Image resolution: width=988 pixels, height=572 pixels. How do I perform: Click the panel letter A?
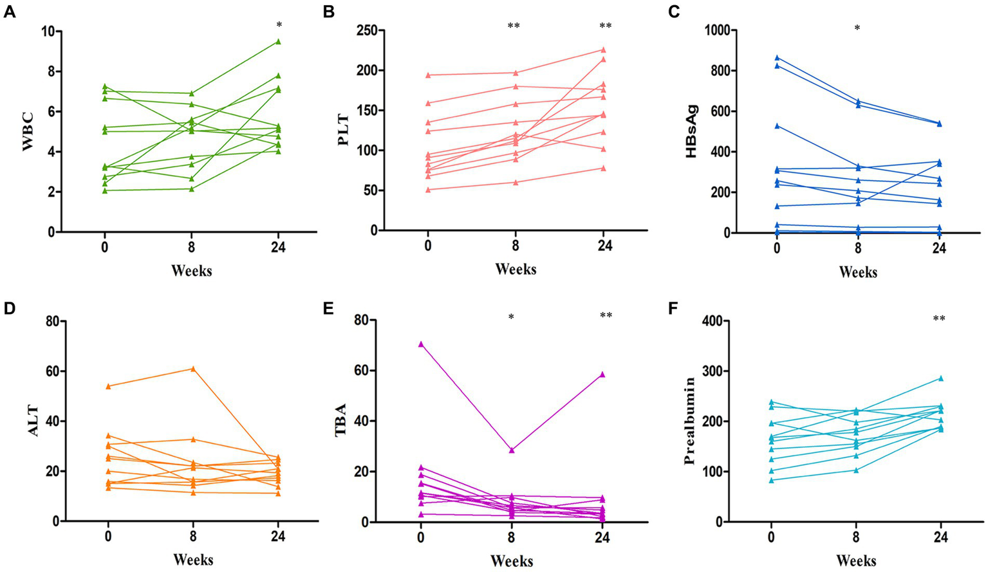pos(9,12)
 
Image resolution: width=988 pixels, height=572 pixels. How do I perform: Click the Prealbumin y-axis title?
pos(689,421)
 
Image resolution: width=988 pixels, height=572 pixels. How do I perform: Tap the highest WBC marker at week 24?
pos(278,41)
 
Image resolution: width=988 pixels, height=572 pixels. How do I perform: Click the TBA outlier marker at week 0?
pos(421,344)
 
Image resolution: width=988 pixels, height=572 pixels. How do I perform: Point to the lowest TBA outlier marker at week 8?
pos(512,450)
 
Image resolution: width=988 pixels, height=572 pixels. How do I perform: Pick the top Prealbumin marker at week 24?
pos(940,378)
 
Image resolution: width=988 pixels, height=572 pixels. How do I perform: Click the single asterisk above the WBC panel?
pos(279,25)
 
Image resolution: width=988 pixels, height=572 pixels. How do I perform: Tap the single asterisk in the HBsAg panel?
pos(857,29)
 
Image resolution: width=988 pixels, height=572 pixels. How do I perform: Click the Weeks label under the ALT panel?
pos(192,559)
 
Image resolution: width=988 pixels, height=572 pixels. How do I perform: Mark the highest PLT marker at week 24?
pos(603,50)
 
